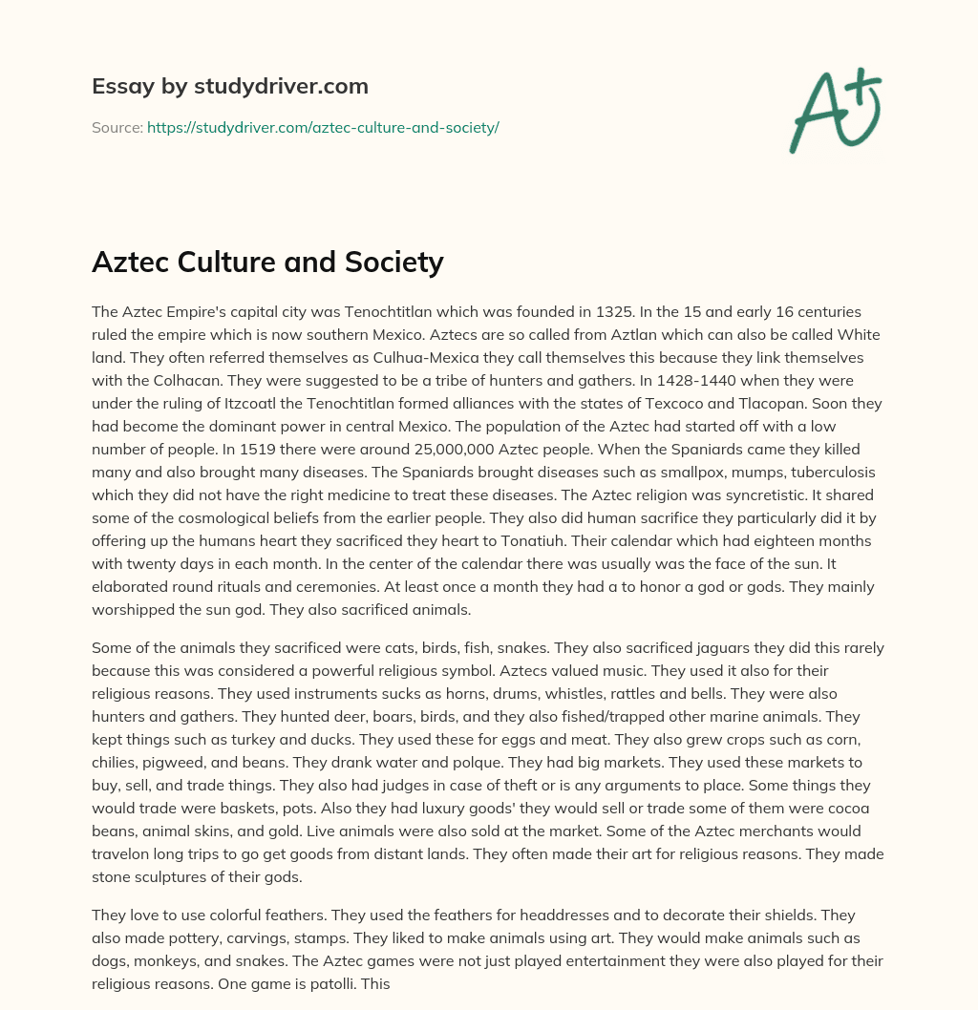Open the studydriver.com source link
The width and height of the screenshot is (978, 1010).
[323, 127]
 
